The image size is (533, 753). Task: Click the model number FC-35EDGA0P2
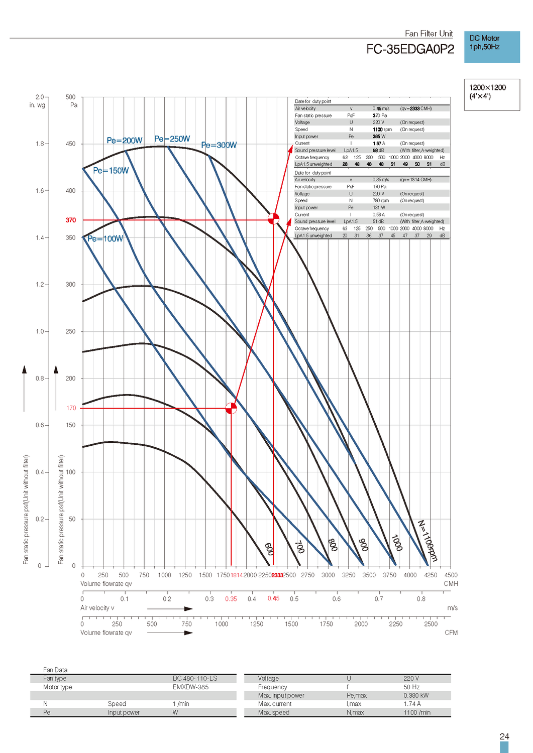point(410,49)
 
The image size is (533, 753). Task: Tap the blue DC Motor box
point(491,47)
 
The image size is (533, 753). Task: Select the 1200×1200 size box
point(491,94)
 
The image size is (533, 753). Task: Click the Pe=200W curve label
point(125,141)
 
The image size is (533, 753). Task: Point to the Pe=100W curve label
point(105,238)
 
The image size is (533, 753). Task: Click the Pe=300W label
point(219,145)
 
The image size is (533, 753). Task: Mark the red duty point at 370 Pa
point(273,219)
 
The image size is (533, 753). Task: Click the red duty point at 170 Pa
point(231,408)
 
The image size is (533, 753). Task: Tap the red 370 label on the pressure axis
point(71,220)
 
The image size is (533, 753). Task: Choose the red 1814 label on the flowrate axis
point(236,575)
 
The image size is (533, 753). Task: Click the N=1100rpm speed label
point(428,541)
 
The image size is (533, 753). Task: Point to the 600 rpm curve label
point(269,549)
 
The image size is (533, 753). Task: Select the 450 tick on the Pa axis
point(71,144)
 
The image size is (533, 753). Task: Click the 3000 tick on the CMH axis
point(328,575)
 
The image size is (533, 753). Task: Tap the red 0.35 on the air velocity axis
point(231,599)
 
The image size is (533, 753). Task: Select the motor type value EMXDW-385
point(190,687)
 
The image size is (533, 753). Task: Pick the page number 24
point(504,736)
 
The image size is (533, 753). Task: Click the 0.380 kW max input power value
point(416,696)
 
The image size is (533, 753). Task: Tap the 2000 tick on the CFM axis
point(361,624)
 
